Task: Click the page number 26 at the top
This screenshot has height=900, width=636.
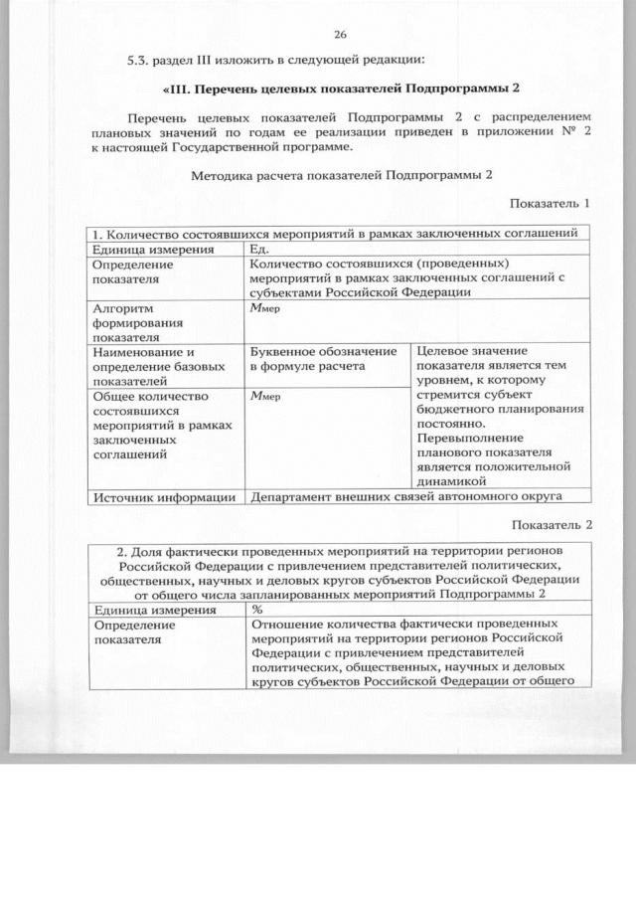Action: pyautogui.click(x=340, y=36)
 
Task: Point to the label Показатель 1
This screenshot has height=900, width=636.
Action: pyautogui.click(x=550, y=203)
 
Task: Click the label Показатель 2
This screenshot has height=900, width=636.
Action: pyautogui.click(x=551, y=524)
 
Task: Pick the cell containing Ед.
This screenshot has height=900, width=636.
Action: pyautogui.click(x=260, y=250)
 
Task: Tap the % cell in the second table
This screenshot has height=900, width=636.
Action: pyautogui.click(x=257, y=609)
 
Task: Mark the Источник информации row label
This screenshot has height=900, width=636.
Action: pyautogui.click(x=163, y=496)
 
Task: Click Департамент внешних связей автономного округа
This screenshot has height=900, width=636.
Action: pyautogui.click(x=407, y=496)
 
